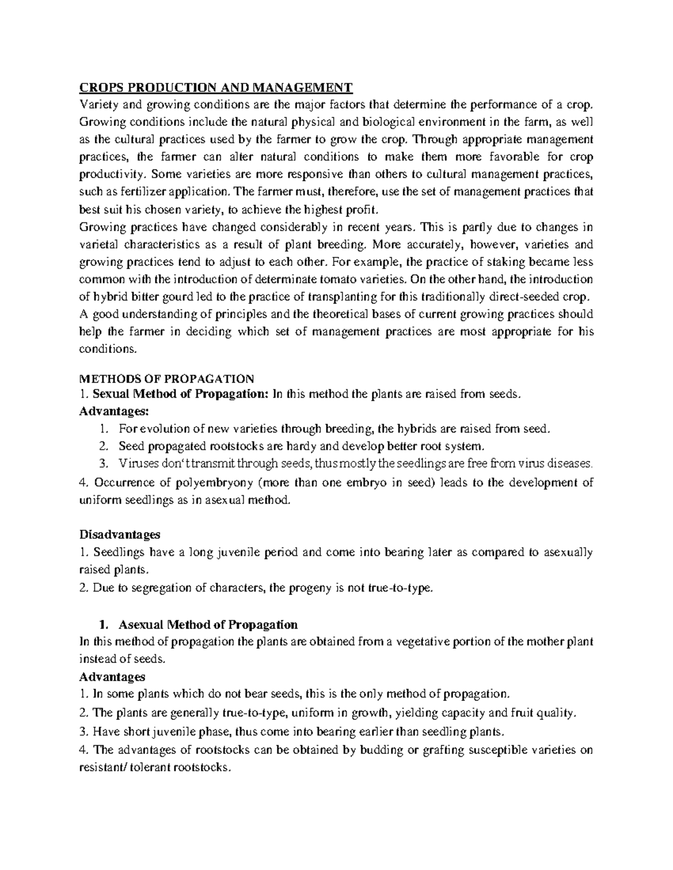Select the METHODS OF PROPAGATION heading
(x=167, y=378)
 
